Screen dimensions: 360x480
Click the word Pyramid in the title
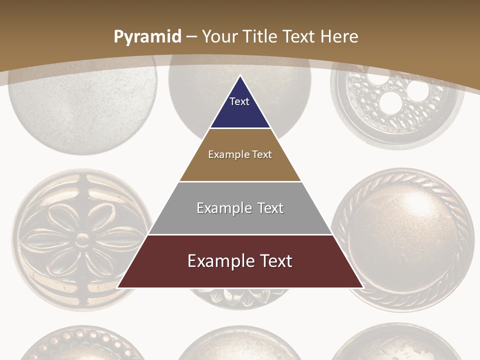(147, 37)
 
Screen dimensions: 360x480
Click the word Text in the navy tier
(239, 101)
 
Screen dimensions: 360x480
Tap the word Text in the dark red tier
(274, 261)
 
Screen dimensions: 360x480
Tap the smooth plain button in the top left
(82, 105)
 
